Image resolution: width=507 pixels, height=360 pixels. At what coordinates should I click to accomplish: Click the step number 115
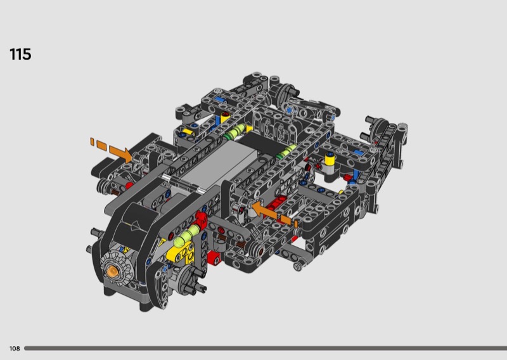[x=20, y=55]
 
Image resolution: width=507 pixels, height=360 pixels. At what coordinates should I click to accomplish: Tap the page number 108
[x=15, y=349]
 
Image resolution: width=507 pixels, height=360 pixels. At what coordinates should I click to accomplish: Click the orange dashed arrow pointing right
[x=111, y=149]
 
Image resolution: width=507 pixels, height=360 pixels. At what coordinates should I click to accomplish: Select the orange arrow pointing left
[x=274, y=213]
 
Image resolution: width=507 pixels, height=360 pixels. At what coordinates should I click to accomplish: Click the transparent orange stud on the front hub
[x=112, y=271]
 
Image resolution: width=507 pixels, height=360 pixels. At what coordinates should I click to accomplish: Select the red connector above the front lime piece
[x=201, y=219]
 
